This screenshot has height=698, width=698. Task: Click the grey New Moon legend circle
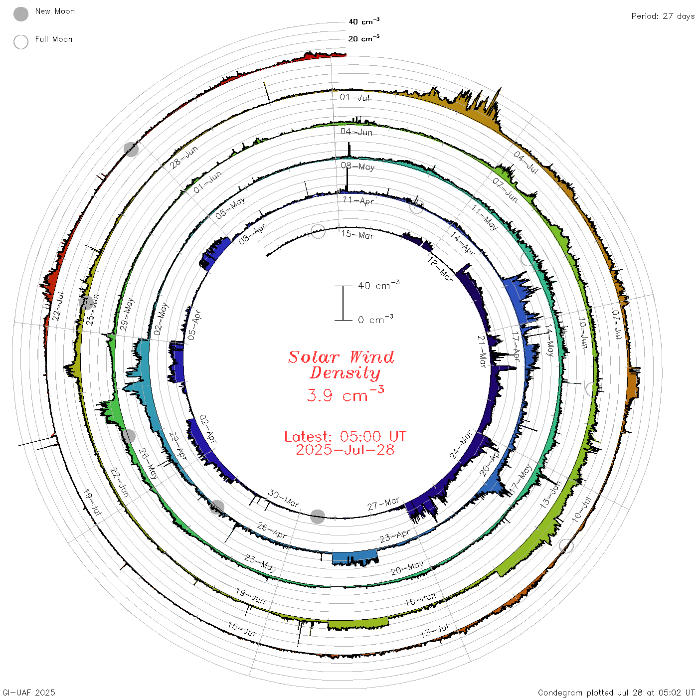point(21,14)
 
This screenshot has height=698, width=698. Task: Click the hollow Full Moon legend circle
point(21,42)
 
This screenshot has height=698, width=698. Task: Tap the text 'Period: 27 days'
point(663,16)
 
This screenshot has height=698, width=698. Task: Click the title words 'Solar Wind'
point(341,357)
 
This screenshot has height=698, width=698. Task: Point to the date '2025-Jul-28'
point(345,450)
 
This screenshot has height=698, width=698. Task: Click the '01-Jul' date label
point(354,97)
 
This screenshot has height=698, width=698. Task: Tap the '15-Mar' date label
point(357,235)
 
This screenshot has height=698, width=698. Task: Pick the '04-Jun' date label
point(356,132)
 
